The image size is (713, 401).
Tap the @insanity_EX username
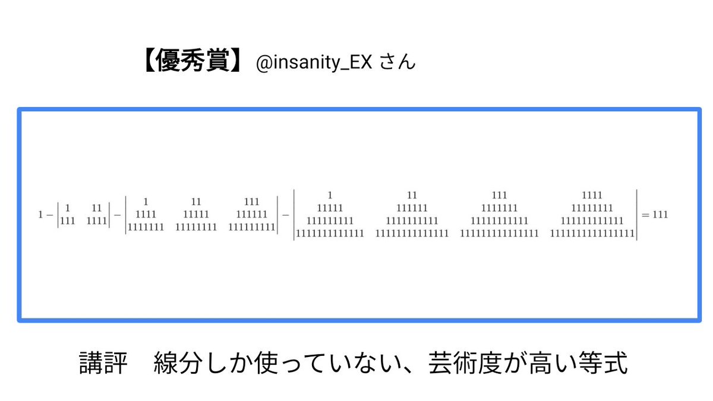[x=313, y=63]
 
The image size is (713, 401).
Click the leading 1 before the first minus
[x=40, y=214]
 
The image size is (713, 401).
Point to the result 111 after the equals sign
[x=660, y=214]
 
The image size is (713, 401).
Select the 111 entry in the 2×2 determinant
[x=68, y=221]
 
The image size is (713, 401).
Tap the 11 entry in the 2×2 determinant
[x=97, y=208]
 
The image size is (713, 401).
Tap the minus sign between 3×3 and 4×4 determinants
[x=285, y=214]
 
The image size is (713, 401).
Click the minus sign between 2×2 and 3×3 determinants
[x=117, y=214]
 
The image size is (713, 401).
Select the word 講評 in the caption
[x=103, y=364]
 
